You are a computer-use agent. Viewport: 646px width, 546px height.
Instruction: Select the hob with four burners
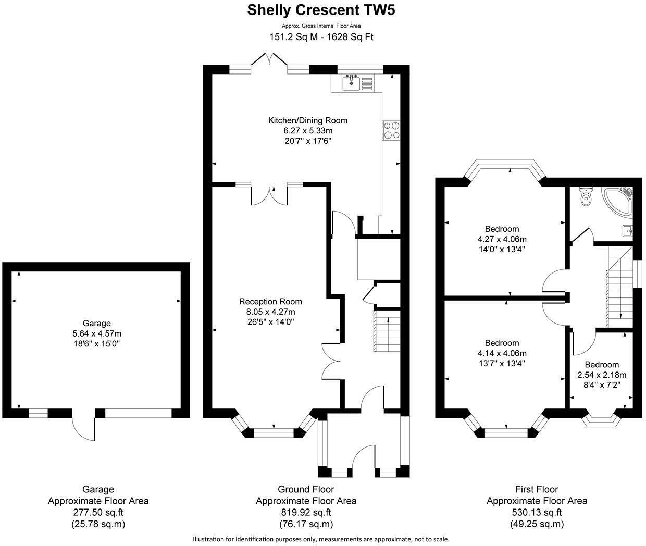pos(392,130)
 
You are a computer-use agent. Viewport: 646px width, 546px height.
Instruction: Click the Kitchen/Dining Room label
pos(307,120)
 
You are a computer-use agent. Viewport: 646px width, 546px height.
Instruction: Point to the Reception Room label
pos(270,301)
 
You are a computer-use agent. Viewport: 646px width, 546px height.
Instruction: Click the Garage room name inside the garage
pos(96,323)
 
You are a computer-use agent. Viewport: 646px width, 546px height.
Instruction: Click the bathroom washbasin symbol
pos(627,230)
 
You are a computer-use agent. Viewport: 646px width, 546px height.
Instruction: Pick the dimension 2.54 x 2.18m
pos(602,375)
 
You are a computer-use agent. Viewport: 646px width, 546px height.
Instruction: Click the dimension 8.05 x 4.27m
pos(270,312)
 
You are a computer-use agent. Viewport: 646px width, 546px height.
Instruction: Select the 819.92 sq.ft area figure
pos(306,513)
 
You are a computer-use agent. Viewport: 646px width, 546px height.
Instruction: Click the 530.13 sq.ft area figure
pos(537,513)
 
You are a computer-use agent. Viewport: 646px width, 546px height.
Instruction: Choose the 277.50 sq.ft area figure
pos(98,513)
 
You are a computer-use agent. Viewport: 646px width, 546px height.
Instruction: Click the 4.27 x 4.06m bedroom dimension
pos(502,239)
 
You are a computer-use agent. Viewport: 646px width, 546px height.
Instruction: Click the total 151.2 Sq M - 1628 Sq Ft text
pos(321,37)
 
